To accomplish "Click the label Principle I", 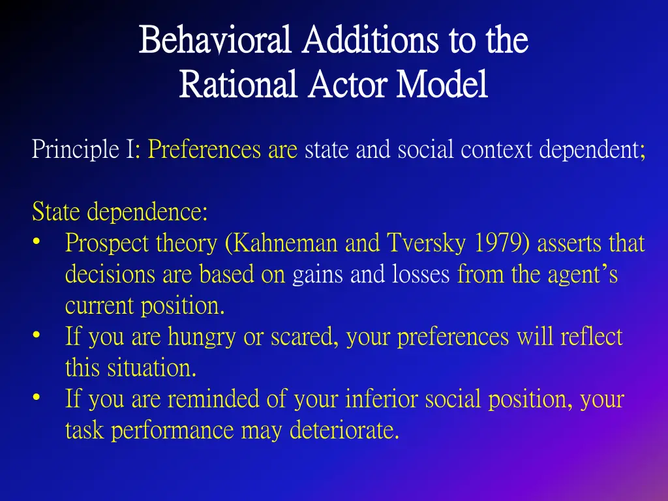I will (x=85, y=150).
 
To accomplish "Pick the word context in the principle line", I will (x=498, y=150).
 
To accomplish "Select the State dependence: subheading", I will (x=119, y=212).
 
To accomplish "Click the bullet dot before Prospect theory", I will (x=37, y=243).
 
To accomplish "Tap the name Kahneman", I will (x=285, y=243).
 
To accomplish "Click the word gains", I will (x=318, y=275).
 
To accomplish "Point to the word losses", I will (x=421, y=275).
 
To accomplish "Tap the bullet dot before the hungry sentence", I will (x=37, y=337).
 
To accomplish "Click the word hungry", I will (x=200, y=337).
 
